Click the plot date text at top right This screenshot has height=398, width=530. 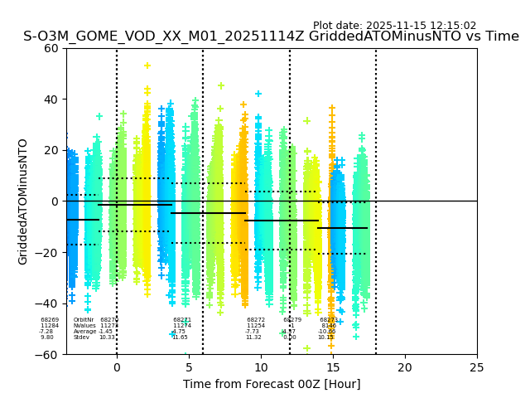pyautogui.click(x=394, y=26)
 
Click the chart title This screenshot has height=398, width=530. pyautogui.click(x=271, y=36)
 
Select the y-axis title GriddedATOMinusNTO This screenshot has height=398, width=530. pyautogui.click(x=23, y=201)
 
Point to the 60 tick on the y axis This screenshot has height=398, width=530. pyautogui.click(x=51, y=48)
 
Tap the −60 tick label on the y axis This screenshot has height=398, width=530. pyautogui.click(x=48, y=355)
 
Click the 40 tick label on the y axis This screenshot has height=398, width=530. pyautogui.click(x=51, y=99)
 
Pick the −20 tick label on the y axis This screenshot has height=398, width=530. pyautogui.click(x=48, y=253)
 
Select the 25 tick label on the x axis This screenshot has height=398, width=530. pyautogui.click(x=477, y=367)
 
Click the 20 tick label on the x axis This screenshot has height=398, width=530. pyautogui.click(x=405, y=367)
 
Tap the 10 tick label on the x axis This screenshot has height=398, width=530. pyautogui.click(x=261, y=367)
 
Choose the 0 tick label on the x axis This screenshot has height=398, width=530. pyautogui.click(x=117, y=367)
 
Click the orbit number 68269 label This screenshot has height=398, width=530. pyautogui.click(x=50, y=320)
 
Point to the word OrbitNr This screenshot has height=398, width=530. pyautogui.click(x=84, y=320)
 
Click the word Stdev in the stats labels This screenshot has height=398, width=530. pyautogui.click(x=81, y=337)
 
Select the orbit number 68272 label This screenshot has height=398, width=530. pyautogui.click(x=256, y=320)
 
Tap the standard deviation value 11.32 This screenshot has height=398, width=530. pyautogui.click(x=253, y=337)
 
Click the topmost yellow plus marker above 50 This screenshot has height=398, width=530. pyautogui.click(x=147, y=66)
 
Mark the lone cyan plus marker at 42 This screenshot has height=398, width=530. pyautogui.click(x=258, y=94)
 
